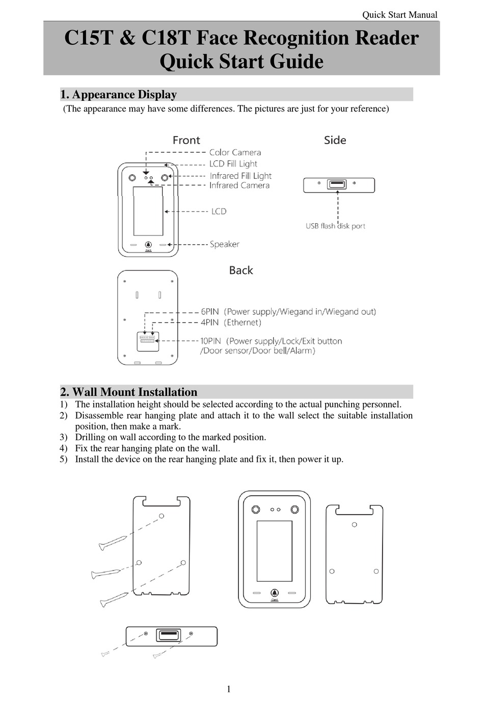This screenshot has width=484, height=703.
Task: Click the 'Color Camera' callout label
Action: (x=235, y=152)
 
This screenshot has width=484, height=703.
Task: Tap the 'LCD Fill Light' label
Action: (x=233, y=164)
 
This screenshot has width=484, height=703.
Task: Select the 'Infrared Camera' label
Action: (x=239, y=185)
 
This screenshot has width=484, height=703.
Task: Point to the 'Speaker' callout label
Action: (x=224, y=244)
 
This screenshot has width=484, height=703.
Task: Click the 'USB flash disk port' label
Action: (x=335, y=226)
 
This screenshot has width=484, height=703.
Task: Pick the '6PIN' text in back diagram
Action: (x=209, y=311)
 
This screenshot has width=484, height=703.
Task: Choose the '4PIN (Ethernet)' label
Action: (x=230, y=322)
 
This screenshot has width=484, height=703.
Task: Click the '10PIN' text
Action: (x=210, y=341)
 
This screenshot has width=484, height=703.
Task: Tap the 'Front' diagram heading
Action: (x=186, y=140)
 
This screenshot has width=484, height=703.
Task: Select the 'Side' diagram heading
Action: (x=335, y=140)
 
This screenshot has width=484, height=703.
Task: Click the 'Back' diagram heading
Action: (x=240, y=271)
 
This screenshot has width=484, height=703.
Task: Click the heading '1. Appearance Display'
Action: (x=118, y=95)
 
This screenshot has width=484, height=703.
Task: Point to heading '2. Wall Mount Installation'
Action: (x=128, y=392)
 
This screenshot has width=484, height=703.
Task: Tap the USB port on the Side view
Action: (x=337, y=184)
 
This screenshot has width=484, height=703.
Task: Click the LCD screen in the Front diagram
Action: (x=148, y=210)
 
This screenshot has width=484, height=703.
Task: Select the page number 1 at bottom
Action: (x=228, y=689)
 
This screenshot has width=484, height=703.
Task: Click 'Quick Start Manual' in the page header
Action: (x=399, y=15)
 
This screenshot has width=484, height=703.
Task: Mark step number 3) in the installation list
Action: (x=63, y=437)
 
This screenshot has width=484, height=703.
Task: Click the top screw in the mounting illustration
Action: (x=113, y=543)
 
